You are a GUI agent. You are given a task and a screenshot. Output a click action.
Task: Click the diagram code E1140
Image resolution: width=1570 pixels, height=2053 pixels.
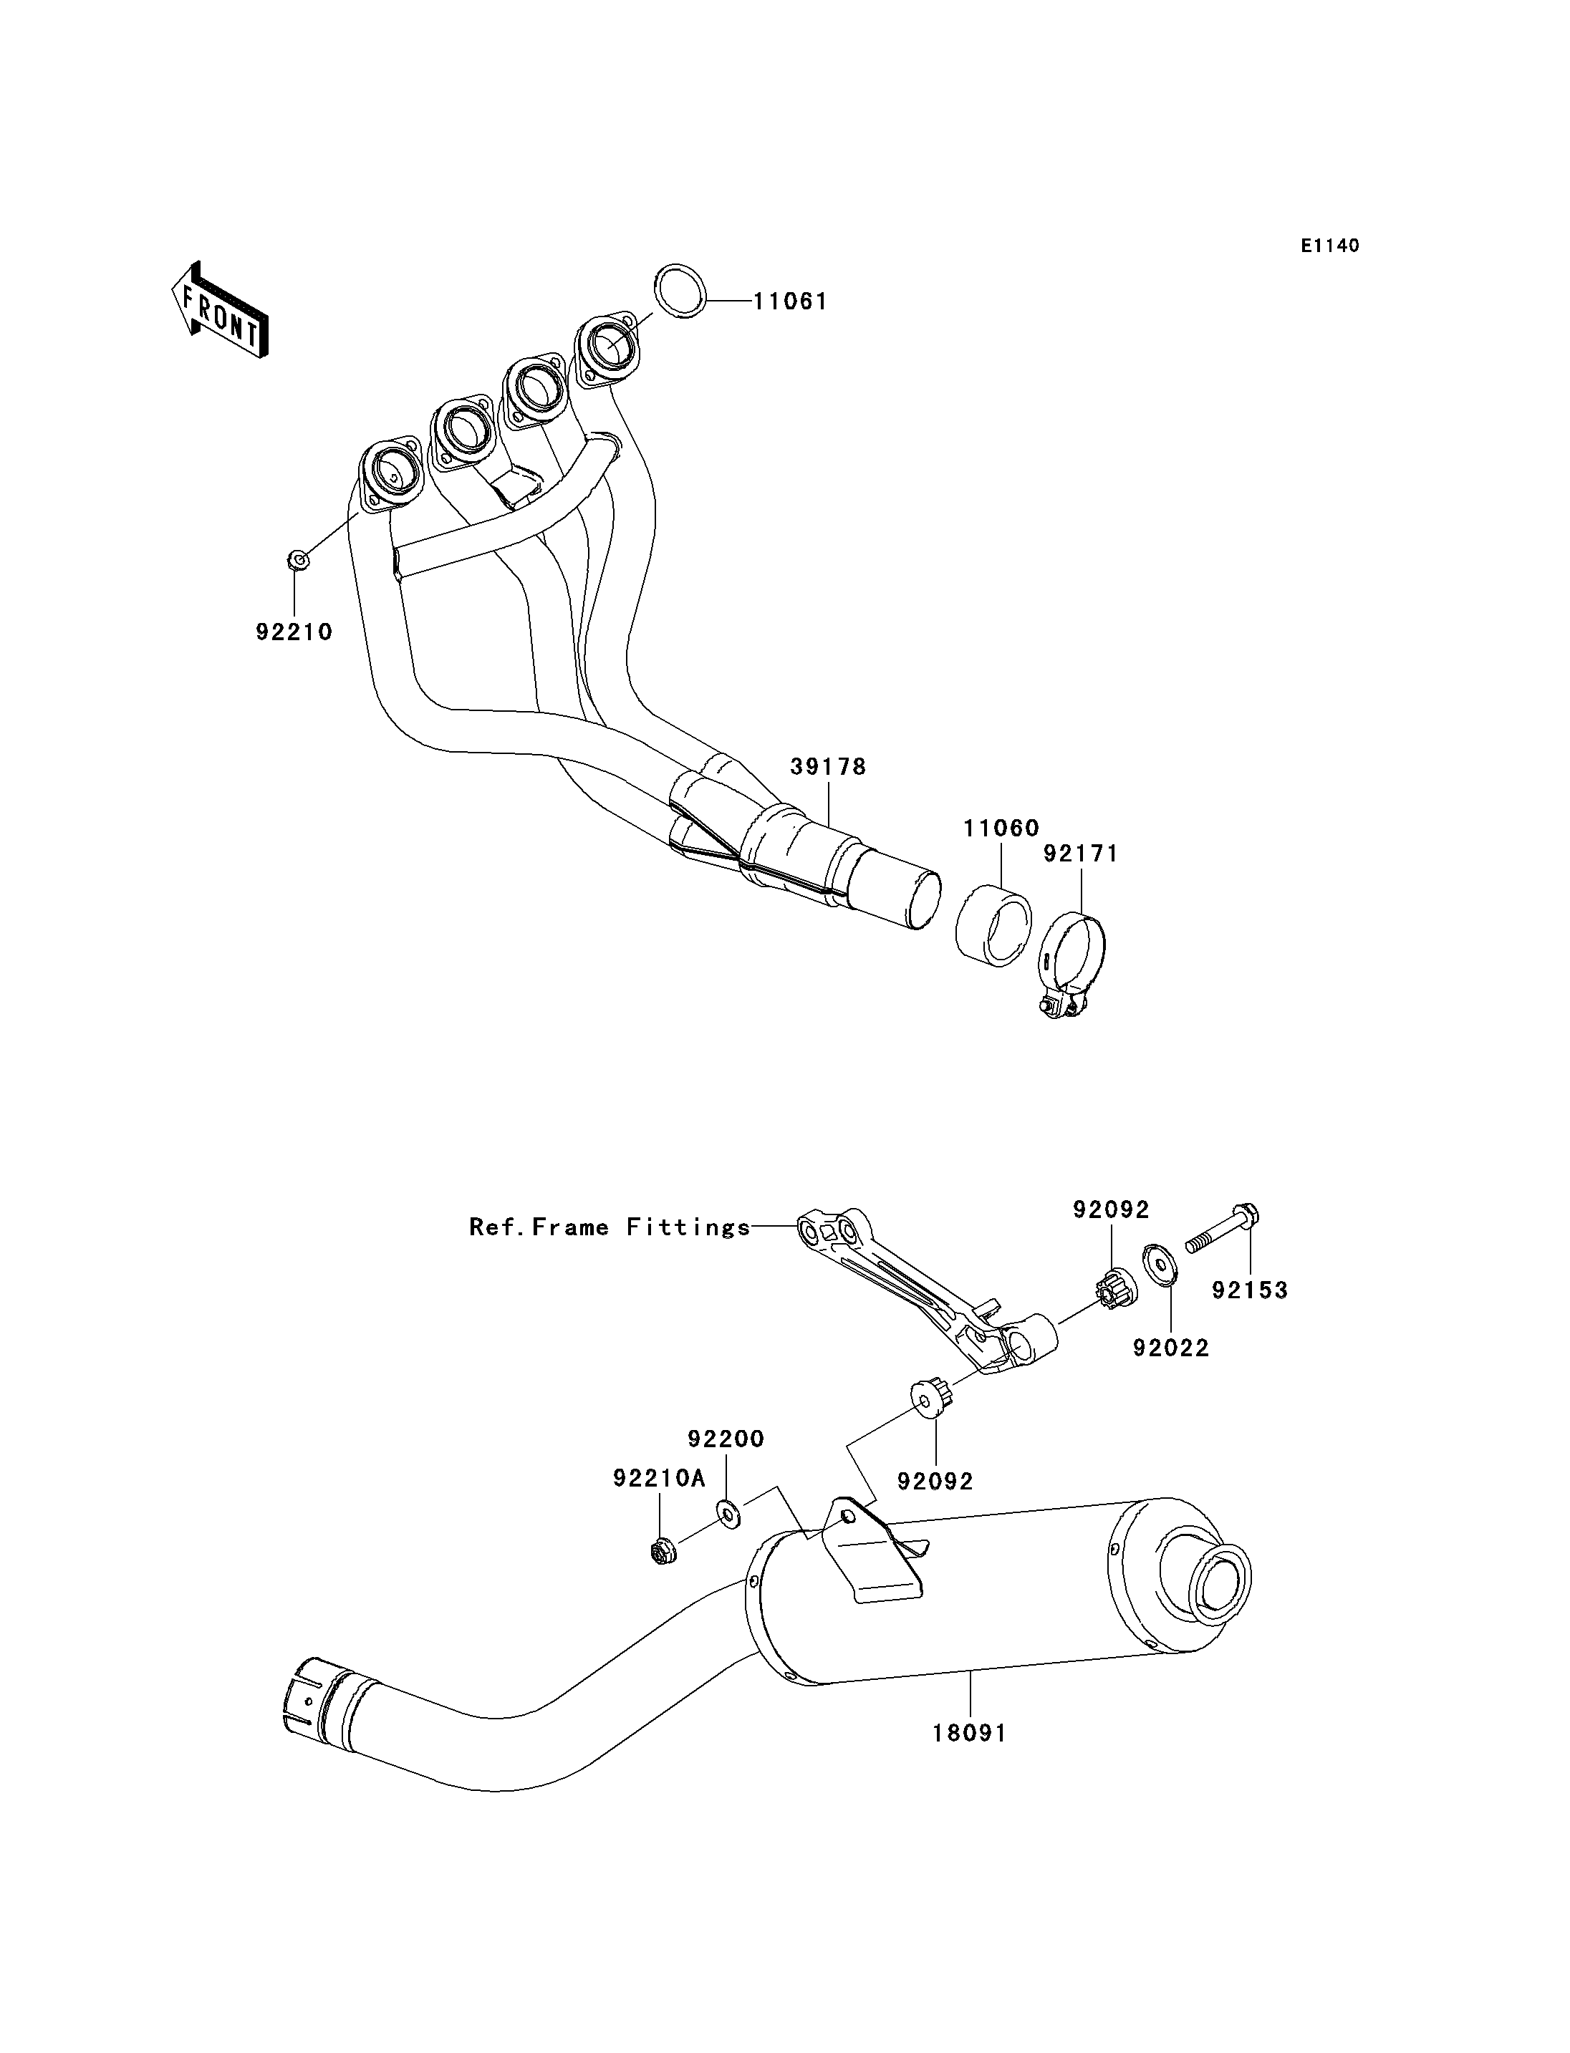[x=1330, y=246]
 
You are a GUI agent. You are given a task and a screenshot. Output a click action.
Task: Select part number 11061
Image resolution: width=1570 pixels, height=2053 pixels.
[x=791, y=302]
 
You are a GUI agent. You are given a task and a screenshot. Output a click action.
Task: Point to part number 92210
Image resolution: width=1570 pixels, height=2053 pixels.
[x=294, y=632]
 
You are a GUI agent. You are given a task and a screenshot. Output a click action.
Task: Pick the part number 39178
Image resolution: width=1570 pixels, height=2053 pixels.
[x=828, y=767]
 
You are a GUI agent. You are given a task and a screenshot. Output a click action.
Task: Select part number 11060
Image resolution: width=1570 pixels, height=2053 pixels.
[x=1002, y=828]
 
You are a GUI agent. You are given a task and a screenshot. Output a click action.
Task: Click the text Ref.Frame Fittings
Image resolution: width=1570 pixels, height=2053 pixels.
[x=610, y=1227]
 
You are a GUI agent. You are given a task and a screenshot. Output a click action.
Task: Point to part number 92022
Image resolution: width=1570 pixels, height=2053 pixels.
[x=1171, y=1348]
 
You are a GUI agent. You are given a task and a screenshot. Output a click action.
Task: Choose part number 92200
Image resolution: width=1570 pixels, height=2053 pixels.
[x=726, y=1439]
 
